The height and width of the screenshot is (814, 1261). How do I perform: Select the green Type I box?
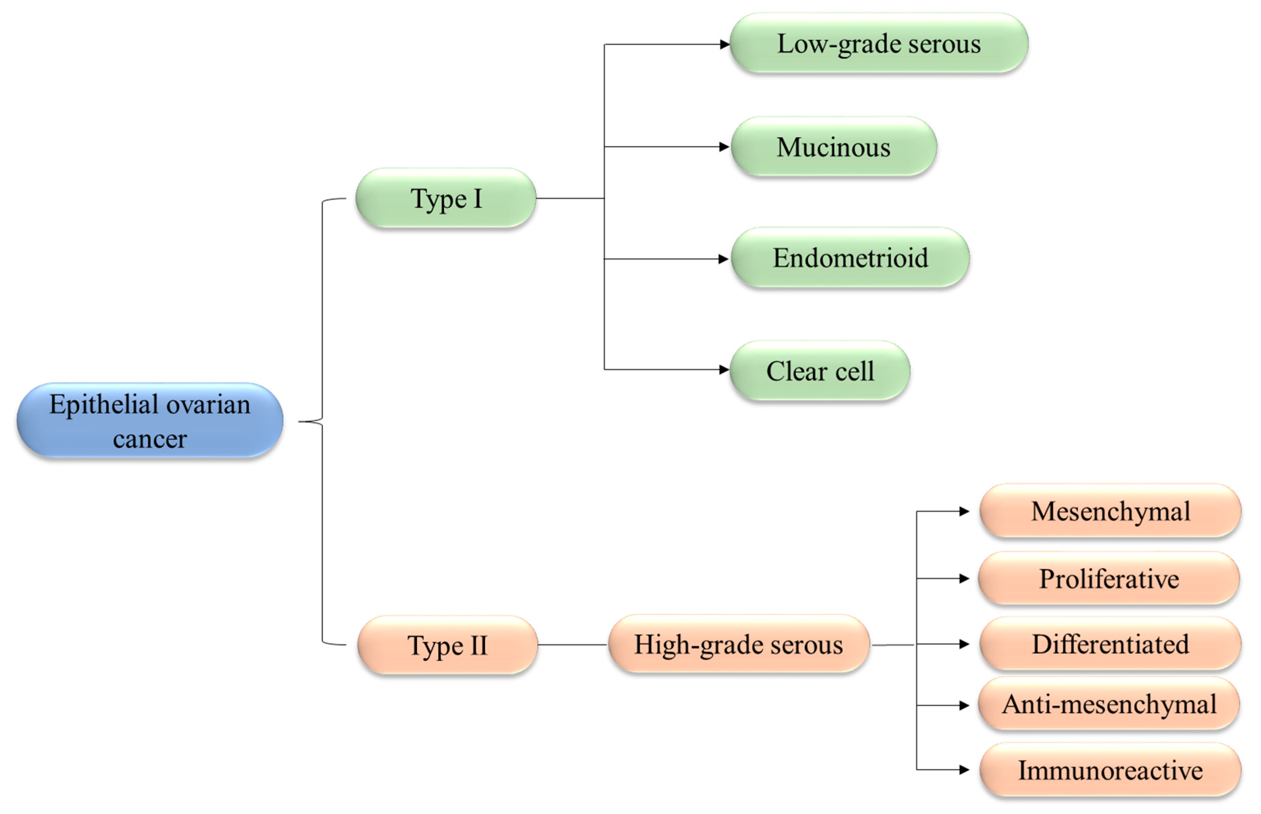(446, 199)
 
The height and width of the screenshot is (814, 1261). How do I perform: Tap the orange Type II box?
(448, 645)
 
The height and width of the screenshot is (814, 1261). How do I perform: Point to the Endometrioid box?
(850, 258)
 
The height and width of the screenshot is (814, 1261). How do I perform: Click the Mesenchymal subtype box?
(1110, 511)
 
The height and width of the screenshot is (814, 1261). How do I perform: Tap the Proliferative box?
(1109, 578)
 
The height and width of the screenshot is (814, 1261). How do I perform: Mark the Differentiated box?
(1110, 644)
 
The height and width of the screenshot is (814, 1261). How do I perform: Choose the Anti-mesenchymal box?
(1109, 704)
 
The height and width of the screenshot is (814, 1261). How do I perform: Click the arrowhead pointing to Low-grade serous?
(725, 45)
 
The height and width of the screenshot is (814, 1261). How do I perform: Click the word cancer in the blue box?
(150, 439)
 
